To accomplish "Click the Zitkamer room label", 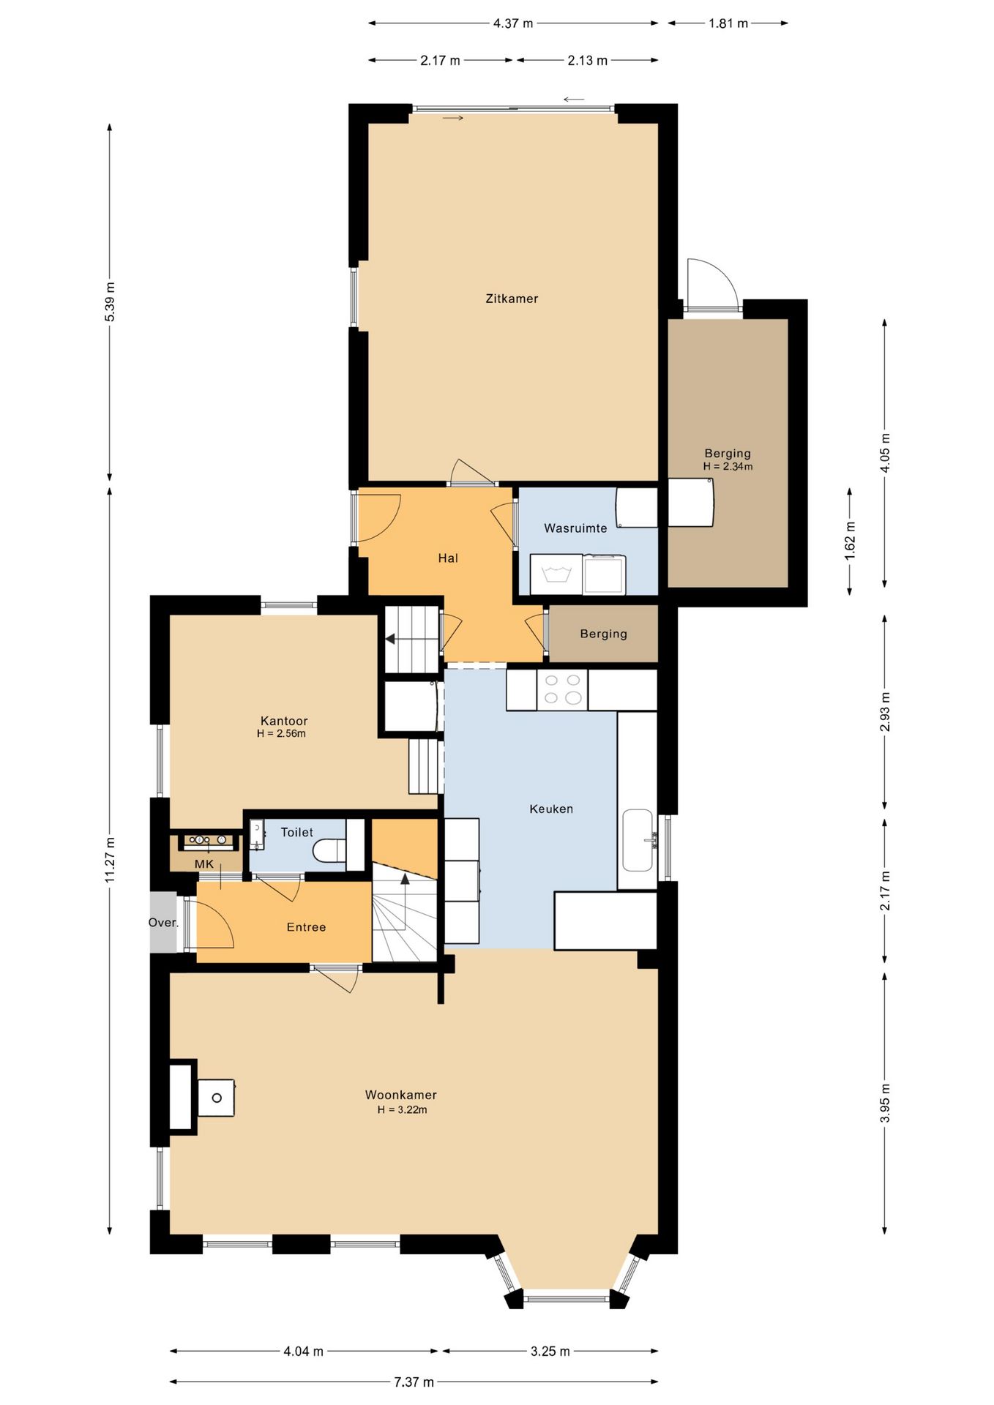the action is [x=512, y=299].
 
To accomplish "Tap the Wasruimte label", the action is [x=575, y=528].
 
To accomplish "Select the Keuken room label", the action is [x=551, y=809].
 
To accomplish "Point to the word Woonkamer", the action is [x=401, y=1095].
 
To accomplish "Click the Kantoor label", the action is [x=284, y=721].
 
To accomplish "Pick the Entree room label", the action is [x=306, y=927].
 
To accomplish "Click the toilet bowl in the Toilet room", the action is [x=329, y=851].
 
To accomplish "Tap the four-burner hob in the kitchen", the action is [x=562, y=689].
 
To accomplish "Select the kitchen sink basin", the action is [x=638, y=840].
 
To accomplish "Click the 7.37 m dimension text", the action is [x=414, y=1382].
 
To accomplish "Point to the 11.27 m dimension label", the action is [x=110, y=861].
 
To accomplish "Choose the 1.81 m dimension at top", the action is [x=728, y=23].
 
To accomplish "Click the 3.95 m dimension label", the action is [x=885, y=1104].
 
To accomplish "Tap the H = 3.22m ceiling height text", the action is [x=403, y=1110].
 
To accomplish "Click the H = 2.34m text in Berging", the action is [x=728, y=466].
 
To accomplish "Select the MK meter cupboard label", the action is [x=204, y=864].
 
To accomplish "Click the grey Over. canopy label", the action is [x=163, y=923].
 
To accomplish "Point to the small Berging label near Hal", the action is [x=604, y=634].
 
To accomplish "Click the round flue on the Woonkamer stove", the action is [x=217, y=1098].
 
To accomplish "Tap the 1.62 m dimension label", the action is [x=850, y=542].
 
